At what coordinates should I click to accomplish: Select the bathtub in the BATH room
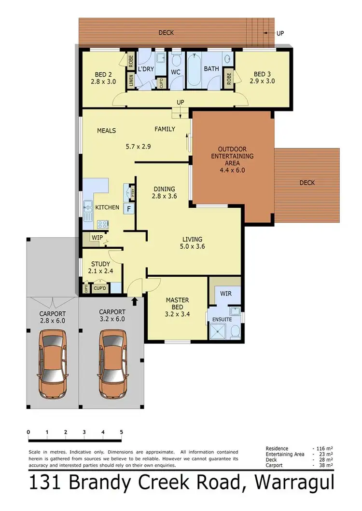[195, 71]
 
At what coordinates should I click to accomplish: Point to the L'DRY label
[146, 69]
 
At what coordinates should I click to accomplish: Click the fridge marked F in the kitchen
[128, 209]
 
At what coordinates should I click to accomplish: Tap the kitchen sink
[88, 211]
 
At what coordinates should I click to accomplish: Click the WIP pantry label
[97, 238]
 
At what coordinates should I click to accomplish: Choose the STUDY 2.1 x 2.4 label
[101, 268]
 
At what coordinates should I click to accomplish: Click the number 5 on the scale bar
[122, 432]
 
